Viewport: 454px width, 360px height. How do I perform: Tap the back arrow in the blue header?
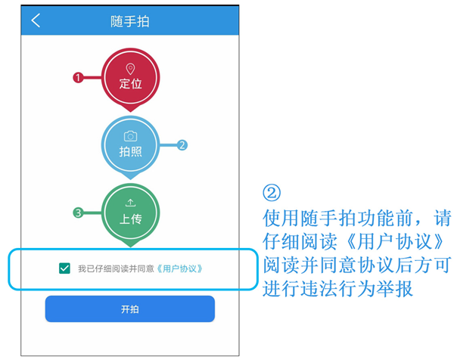[x=36, y=20]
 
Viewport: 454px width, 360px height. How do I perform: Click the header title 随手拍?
[x=129, y=21]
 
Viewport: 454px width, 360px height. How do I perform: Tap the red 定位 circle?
[x=131, y=78]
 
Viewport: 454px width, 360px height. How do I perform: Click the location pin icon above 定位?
[x=131, y=69]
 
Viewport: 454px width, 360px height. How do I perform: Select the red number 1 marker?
[x=78, y=78]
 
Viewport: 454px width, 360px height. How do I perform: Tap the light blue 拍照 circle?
[x=131, y=145]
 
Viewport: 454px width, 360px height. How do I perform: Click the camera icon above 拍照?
[x=131, y=136]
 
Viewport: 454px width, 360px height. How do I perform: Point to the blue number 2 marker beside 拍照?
[x=182, y=145]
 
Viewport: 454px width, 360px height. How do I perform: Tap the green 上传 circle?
[x=131, y=213]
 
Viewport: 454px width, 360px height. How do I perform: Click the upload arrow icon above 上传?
[x=131, y=203]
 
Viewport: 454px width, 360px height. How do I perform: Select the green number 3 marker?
[x=78, y=213]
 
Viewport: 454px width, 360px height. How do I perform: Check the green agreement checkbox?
[x=64, y=268]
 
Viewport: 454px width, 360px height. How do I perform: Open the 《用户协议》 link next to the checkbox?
[x=179, y=268]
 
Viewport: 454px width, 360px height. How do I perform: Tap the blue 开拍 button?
[x=130, y=309]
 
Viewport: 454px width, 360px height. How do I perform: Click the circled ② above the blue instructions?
[x=272, y=193]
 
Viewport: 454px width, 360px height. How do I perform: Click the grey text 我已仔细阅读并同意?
[x=116, y=268]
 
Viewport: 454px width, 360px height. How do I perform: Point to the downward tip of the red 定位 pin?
[x=131, y=112]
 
